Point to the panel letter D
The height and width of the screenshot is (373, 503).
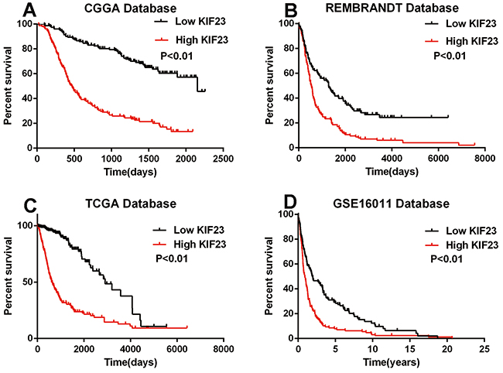click(270, 206)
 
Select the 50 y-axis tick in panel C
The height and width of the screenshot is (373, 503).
click(26, 282)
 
